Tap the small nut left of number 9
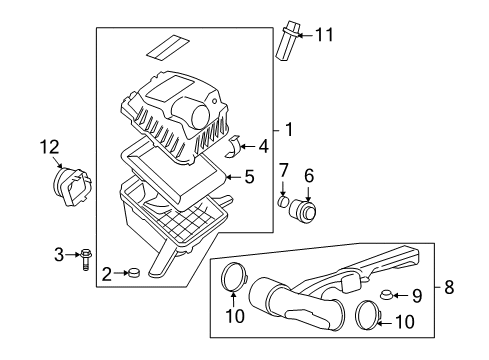coord(386,295)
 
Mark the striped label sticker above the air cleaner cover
coord(165,45)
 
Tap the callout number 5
coord(249,177)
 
